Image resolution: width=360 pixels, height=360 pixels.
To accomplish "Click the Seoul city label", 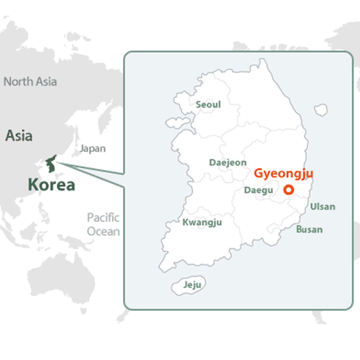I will point(208,104).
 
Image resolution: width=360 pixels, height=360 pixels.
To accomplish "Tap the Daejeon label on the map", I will point(227,162).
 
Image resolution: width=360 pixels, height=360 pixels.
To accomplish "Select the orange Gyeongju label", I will point(284,173).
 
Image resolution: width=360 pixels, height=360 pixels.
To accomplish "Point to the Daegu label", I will point(259,190).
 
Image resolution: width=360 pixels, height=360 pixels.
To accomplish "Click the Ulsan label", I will point(322,207).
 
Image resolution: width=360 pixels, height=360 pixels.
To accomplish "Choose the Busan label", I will point(309,229).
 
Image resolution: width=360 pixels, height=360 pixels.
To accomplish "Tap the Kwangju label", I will point(202,222).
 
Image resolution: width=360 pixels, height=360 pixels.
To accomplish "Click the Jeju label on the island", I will point(193,284).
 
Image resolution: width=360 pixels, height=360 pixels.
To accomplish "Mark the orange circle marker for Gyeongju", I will point(289,190).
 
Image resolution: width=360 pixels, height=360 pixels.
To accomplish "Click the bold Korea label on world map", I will point(52,185).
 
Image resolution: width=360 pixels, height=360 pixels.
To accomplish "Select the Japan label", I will point(92,148).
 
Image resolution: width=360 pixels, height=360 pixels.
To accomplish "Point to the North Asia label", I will point(31,82).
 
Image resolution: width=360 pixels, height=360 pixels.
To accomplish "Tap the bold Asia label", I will point(19,136).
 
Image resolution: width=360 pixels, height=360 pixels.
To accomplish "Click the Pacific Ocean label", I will point(103,224).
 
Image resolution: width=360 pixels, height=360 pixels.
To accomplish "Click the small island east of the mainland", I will point(321,110).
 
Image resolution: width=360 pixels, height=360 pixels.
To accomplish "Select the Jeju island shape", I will point(193,286).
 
